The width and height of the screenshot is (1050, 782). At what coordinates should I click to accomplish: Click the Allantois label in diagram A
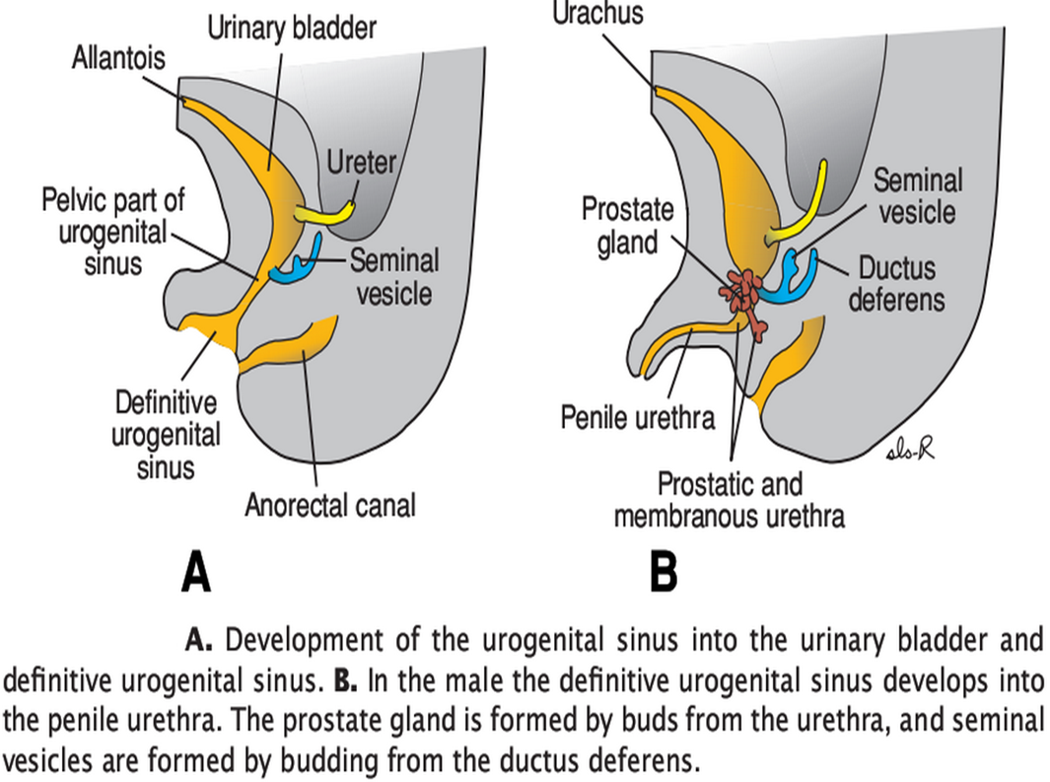click(118, 58)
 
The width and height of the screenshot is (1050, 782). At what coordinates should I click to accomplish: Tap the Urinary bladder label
click(291, 28)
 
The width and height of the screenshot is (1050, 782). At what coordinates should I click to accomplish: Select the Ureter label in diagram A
click(361, 163)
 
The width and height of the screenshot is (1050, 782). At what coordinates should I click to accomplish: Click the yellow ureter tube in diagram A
click(324, 211)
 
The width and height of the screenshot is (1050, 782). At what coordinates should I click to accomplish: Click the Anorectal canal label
click(330, 506)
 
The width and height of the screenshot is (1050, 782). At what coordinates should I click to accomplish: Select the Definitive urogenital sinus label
click(166, 434)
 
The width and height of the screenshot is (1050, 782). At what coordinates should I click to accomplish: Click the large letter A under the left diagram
click(196, 572)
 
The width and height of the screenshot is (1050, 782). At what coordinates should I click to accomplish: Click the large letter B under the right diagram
click(664, 572)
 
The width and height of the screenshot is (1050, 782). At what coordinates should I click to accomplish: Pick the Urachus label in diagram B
click(597, 14)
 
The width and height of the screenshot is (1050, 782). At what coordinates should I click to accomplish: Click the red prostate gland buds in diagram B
click(746, 297)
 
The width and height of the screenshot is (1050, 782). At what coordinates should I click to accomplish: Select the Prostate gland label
click(627, 226)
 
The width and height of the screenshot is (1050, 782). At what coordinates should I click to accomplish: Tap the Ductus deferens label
click(896, 282)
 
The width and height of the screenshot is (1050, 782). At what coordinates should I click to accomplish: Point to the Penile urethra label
click(638, 417)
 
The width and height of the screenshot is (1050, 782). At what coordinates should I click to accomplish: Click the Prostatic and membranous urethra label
click(730, 500)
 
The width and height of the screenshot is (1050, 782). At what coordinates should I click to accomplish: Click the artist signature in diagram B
click(910, 450)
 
